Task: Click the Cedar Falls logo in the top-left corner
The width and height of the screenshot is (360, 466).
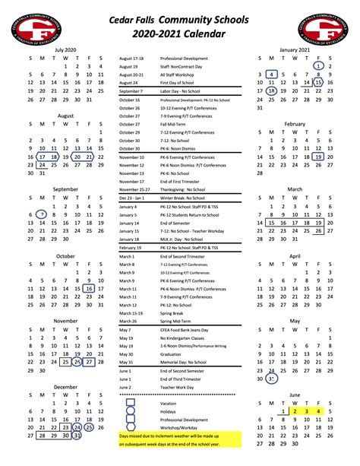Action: [33, 25]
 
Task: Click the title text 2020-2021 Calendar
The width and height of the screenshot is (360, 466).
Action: [181, 33]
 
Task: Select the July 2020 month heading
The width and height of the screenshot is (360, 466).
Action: [65, 48]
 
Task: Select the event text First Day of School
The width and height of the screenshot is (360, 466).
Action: [182, 82]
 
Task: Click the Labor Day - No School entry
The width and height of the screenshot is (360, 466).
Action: [185, 90]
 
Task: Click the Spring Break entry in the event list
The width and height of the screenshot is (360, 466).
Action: [173, 312]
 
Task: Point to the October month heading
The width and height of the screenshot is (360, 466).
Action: [65, 256]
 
